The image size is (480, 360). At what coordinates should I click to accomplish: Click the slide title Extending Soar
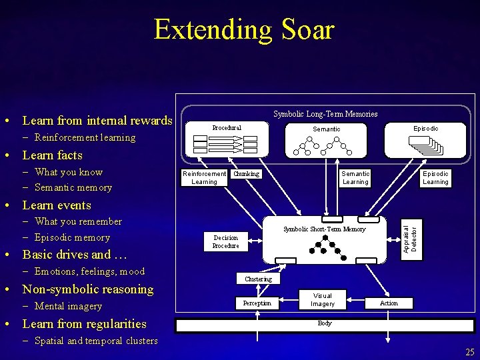pyautogui.click(x=243, y=29)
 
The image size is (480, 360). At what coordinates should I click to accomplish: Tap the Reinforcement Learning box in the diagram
pyautogui.click(x=205, y=177)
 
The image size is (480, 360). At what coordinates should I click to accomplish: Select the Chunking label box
pyautogui.click(x=247, y=174)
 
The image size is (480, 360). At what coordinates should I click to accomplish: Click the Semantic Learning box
pyautogui.click(x=355, y=177)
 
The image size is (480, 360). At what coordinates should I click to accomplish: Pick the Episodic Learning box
pyautogui.click(x=435, y=177)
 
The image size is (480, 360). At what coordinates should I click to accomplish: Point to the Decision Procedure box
pyautogui.click(x=226, y=241)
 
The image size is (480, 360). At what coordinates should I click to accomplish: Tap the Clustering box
pyautogui.click(x=258, y=279)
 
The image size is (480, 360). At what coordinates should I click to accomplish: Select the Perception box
pyautogui.click(x=257, y=303)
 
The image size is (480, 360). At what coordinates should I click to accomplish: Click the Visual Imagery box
pyautogui.click(x=323, y=300)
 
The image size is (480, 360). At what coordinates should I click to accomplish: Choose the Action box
pyautogui.click(x=389, y=303)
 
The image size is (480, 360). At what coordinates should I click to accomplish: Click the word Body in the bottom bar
pyautogui.click(x=325, y=323)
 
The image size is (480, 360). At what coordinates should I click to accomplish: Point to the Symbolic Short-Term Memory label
pyautogui.click(x=325, y=229)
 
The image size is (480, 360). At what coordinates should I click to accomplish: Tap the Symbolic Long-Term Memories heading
pyautogui.click(x=326, y=114)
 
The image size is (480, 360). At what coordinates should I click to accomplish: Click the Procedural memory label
pyautogui.click(x=227, y=127)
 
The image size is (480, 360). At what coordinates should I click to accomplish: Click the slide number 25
pyautogui.click(x=470, y=351)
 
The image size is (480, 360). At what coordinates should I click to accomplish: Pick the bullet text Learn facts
pyautogui.click(x=53, y=155)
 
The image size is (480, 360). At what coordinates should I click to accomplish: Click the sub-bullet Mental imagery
pyautogui.click(x=68, y=307)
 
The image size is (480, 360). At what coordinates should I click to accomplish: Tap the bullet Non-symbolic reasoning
pyautogui.click(x=88, y=289)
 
